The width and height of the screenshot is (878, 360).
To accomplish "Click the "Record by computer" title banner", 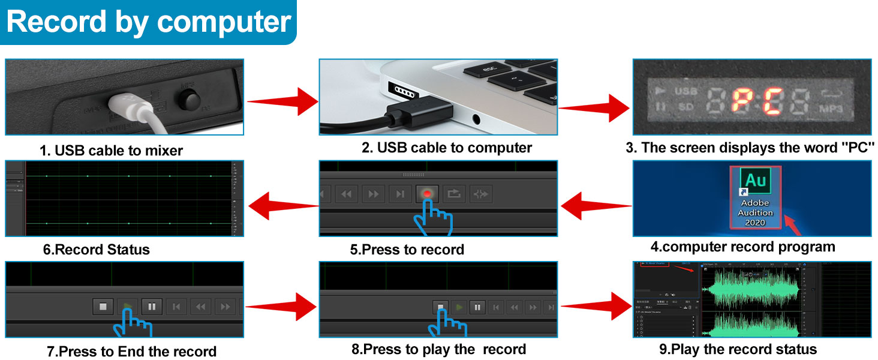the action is point(148,22).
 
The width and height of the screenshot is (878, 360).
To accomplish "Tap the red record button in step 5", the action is point(426,194).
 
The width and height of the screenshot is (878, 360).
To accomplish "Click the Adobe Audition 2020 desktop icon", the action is point(756,196).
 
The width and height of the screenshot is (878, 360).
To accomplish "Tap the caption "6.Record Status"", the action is point(96,250).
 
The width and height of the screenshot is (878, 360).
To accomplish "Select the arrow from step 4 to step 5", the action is point(596,206).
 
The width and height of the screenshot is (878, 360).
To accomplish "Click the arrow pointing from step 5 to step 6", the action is point(282,206).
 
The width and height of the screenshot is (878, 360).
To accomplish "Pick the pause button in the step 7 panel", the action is point(152,307).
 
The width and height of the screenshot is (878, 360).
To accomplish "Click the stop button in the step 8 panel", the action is point(440,307).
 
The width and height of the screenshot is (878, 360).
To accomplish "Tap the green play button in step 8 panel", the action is point(459,307).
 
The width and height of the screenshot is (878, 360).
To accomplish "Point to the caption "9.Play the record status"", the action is point(738,349).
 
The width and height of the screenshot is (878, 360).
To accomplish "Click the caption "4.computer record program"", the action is point(742,247).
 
